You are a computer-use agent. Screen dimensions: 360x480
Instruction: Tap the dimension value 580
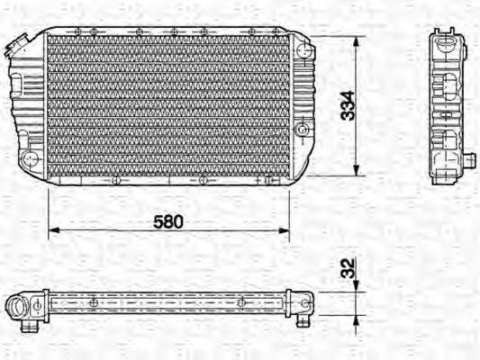(x=167, y=220)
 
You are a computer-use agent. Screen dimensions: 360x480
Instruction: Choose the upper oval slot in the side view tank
(x=445, y=90)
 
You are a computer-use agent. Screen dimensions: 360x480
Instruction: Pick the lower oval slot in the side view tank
(x=445, y=139)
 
